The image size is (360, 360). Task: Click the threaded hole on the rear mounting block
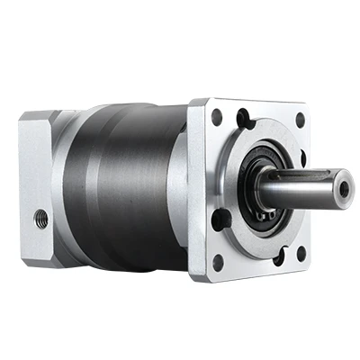(40, 217)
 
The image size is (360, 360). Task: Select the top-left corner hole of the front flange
(217, 116)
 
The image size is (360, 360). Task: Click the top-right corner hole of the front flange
(301, 118)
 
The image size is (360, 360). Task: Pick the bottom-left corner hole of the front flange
(217, 262)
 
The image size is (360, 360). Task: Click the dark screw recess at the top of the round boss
(243, 117)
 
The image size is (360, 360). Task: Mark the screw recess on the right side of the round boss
(303, 159)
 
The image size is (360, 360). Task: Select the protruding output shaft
(301, 189)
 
